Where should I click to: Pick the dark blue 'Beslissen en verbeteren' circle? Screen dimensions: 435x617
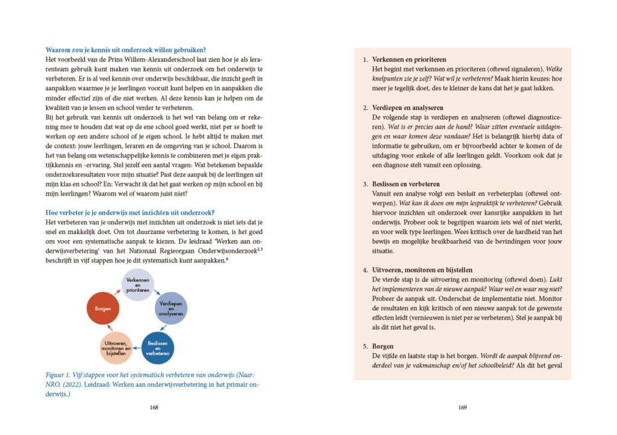[x=158, y=348]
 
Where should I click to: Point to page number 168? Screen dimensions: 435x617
[x=154, y=407]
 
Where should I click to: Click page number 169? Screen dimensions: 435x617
[x=462, y=407]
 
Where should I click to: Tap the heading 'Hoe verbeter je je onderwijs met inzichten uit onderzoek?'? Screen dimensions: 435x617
[x=130, y=212]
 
